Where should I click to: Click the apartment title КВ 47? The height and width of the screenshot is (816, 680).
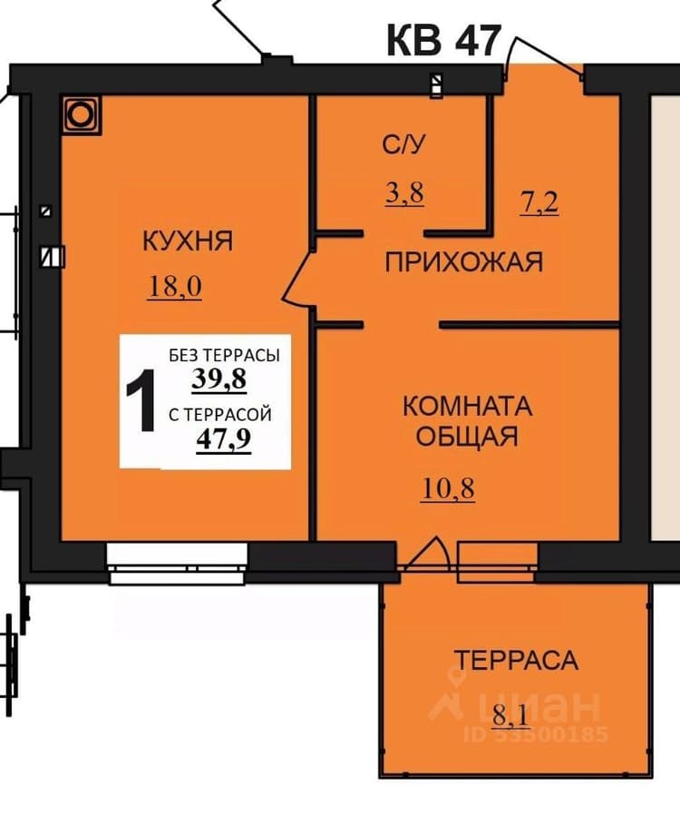coord(443,41)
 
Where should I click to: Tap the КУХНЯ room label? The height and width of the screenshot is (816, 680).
coord(188,241)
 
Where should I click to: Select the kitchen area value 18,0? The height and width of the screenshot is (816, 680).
coord(175,287)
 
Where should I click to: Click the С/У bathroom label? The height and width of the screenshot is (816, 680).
coord(403,144)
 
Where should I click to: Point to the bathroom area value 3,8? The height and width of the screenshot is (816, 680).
coord(404,193)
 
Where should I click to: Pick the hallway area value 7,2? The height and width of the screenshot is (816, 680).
coord(539,202)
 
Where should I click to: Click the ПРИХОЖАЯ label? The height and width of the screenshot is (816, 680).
coord(463,261)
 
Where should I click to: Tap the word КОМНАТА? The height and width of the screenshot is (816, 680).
coord(467,407)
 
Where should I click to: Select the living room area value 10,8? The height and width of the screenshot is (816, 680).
coord(448,490)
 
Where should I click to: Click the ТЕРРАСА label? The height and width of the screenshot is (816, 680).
coord(516,660)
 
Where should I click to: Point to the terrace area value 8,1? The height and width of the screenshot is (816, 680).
coord(510,715)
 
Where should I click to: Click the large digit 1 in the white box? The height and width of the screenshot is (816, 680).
coord(141,400)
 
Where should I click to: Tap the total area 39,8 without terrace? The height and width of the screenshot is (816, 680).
coord(219,379)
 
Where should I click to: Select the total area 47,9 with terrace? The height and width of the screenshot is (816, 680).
coord(224,439)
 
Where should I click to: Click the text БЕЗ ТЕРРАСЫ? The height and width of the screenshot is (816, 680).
coord(224,356)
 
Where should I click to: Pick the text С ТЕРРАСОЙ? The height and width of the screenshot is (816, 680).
coord(220,415)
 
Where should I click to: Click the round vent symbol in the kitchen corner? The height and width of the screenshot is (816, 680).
coord(81,115)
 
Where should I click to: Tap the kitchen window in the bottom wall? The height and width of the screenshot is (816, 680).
coord(178,563)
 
